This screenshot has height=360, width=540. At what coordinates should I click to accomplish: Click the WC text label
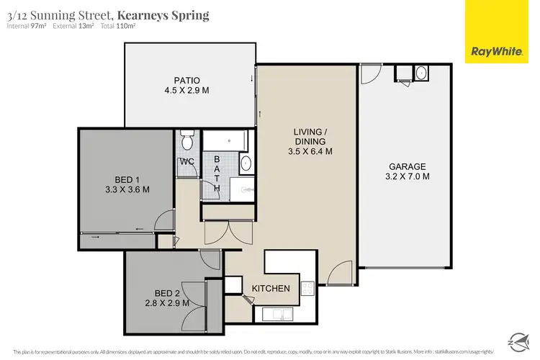point(187,161)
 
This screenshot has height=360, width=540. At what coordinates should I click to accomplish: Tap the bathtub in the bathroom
point(224,140)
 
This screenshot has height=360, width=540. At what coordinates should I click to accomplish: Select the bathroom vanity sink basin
point(246,163)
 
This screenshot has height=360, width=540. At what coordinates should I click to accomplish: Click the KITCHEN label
point(271,289)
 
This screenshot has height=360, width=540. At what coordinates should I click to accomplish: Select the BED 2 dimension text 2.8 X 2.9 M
point(166,303)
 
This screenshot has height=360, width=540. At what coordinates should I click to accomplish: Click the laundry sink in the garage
point(421,73)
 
